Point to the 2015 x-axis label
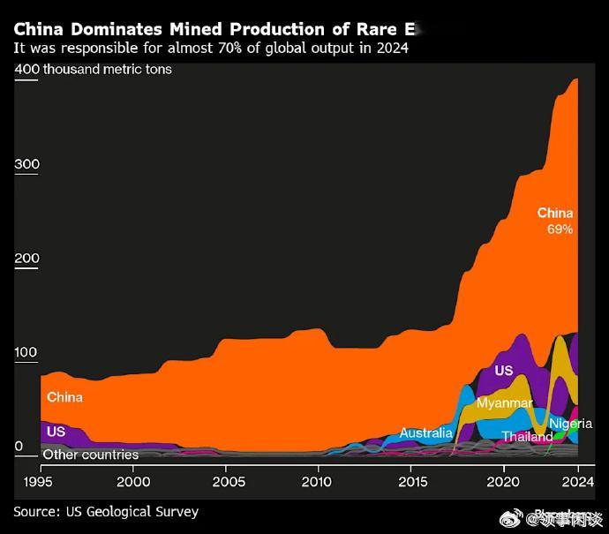[x=413, y=481]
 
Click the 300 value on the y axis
[x=27, y=165]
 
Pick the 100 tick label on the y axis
[x=27, y=353]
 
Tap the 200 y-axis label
[x=27, y=259]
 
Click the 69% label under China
[x=560, y=229]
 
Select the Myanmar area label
[x=504, y=403]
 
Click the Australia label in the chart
[x=425, y=432]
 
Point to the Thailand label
[x=527, y=436]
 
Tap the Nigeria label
[x=570, y=424]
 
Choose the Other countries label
[x=91, y=455]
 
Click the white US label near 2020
[x=504, y=371]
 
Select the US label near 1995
[x=56, y=432]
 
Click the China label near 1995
[x=64, y=397]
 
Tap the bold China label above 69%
[x=555, y=213]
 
